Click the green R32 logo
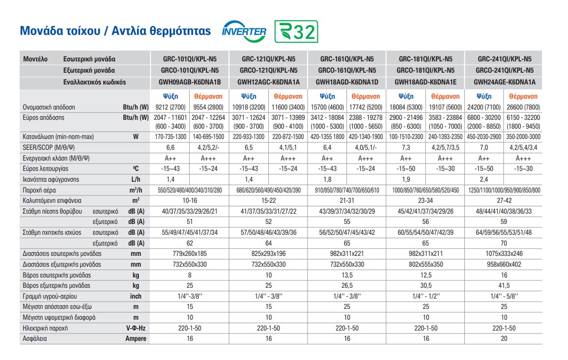(x=296, y=31)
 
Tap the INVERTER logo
(x=244, y=31)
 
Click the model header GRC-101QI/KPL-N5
(x=190, y=58)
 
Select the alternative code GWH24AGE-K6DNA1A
(x=504, y=82)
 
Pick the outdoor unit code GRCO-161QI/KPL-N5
(x=347, y=70)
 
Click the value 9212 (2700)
(x=170, y=107)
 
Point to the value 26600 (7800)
(x=523, y=107)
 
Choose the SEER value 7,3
(x=406, y=147)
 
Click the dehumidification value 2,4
(x=484, y=179)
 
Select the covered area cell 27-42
(x=504, y=200)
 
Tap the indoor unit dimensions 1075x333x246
(x=504, y=253)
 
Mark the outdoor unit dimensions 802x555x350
(x=426, y=264)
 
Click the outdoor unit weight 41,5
(x=504, y=285)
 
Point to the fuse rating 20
(x=504, y=338)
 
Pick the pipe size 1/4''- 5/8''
(x=504, y=296)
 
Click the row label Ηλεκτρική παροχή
(x=45, y=328)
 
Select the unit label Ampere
(x=136, y=338)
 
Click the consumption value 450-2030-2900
(x=484, y=137)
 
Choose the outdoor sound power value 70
(x=504, y=243)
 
